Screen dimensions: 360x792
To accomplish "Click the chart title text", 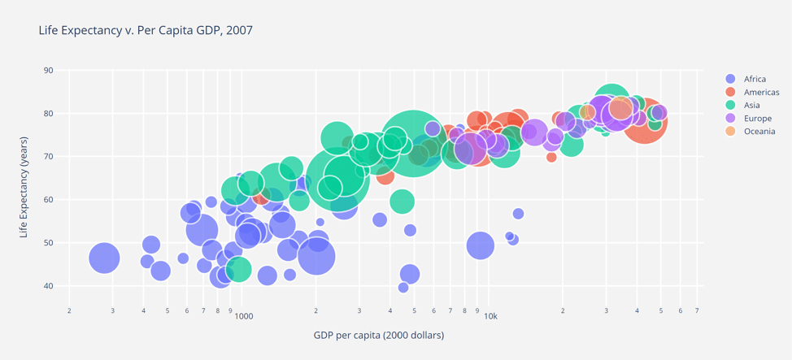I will tap(146, 30).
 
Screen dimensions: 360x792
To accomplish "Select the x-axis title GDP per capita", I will tap(378, 335).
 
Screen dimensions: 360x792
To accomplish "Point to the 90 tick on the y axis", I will tap(48, 71).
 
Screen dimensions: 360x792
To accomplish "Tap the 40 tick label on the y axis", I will tap(48, 286).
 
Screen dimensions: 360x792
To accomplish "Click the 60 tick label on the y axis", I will tap(48, 200).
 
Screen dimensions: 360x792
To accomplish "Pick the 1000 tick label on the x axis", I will tap(243, 315).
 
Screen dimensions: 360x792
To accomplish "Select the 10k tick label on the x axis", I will tap(490, 315).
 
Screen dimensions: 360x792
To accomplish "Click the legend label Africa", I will tap(755, 79).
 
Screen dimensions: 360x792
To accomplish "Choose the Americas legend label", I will tap(761, 92).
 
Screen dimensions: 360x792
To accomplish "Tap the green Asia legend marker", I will tap(730, 105).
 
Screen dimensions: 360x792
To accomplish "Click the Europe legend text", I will tap(757, 118).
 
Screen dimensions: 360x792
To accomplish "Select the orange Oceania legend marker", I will tap(730, 131).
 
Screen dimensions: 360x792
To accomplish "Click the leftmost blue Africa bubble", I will tap(104, 258).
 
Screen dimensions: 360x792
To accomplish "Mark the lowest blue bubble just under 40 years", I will tap(403, 288).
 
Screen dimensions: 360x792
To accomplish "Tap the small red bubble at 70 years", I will tap(551, 157).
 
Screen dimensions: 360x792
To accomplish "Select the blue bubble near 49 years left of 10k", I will tap(481, 245).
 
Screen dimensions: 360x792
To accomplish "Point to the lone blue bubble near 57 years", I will tap(518, 214).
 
